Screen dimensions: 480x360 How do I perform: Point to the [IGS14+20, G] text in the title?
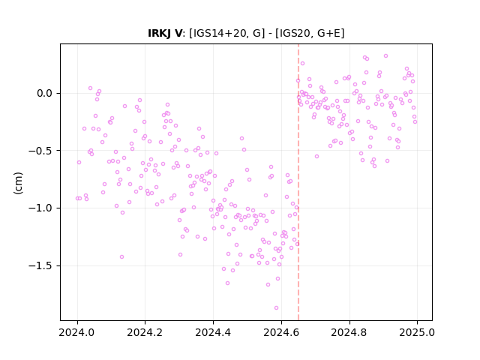point(226,33)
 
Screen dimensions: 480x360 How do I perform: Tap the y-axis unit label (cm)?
point(18,183)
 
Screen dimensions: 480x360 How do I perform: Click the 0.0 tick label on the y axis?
point(45,93)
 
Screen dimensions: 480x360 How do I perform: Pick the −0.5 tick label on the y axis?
point(40,151)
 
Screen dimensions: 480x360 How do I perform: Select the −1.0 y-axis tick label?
point(40,208)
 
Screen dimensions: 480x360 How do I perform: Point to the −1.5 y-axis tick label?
point(40,265)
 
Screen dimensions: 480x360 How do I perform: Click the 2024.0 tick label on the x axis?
point(77,332)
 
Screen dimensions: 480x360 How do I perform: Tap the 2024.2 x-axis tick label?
point(145,332)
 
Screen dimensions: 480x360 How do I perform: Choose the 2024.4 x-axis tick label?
point(213,332)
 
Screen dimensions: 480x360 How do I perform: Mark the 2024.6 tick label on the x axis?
point(281,332)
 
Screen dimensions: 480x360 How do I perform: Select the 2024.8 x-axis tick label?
point(349,332)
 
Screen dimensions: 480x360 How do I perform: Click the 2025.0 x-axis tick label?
point(417,332)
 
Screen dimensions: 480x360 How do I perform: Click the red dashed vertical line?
point(298,182)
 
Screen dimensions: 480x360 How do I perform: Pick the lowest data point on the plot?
point(277,308)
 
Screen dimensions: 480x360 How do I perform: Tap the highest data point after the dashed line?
point(386,56)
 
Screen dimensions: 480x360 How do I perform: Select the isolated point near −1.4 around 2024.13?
point(121,256)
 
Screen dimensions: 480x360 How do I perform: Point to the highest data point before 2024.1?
point(90,88)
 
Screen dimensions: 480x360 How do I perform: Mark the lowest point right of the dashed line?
point(375,166)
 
